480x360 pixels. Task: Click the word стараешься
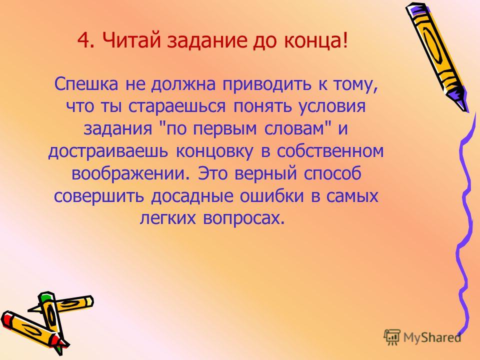coord(176,107)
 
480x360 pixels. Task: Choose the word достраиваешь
coord(108,152)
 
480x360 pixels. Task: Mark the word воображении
coord(129,173)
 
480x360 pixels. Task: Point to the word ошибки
coord(271,196)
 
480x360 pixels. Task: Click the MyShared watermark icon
coord(392,337)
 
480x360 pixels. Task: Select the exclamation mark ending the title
coord(345,40)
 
